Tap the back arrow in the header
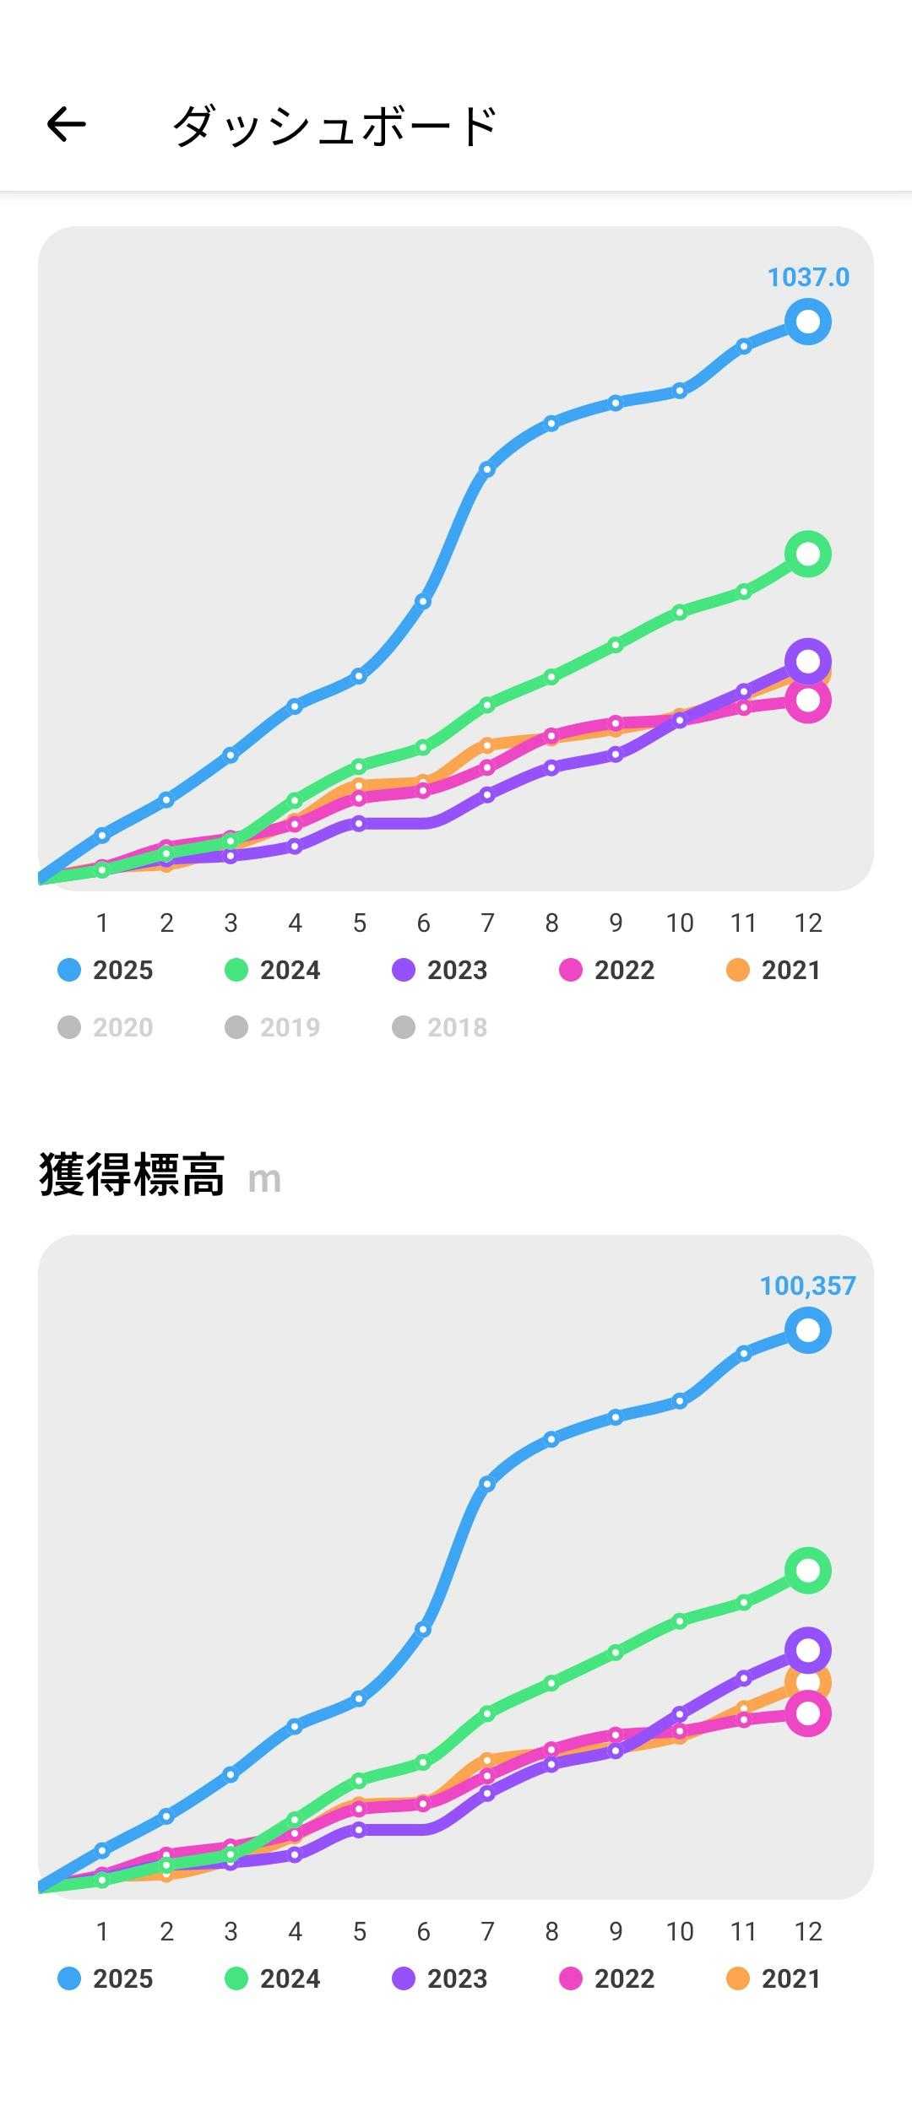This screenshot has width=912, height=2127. coord(66,125)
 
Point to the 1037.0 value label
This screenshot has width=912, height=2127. coord(808,277)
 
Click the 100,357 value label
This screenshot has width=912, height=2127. coord(807,1285)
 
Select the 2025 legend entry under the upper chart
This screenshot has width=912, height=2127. coord(106,971)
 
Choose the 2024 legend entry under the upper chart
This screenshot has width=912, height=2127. coord(273,971)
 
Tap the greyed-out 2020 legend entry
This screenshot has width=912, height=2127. coord(106,1027)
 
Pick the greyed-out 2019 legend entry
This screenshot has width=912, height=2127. coord(273,1027)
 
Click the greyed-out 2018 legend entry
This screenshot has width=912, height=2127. coord(440,1027)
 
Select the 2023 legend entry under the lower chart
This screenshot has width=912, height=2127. coord(440,1979)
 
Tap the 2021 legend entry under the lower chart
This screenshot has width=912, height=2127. coord(774,1979)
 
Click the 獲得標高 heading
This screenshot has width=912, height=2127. coord(132,1175)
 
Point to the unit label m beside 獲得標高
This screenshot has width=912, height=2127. coord(264,1180)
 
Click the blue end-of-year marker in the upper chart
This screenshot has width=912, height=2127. coord(808,322)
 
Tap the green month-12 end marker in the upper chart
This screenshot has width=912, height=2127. coord(808,554)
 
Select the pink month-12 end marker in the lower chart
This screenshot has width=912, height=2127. coord(808,1714)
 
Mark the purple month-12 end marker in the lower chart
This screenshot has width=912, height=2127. coord(808,1650)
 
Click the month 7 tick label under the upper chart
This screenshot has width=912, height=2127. coord(487,923)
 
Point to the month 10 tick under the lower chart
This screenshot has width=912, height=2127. coord(680,1932)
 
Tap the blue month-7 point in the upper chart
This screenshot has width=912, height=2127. coord(487,469)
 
